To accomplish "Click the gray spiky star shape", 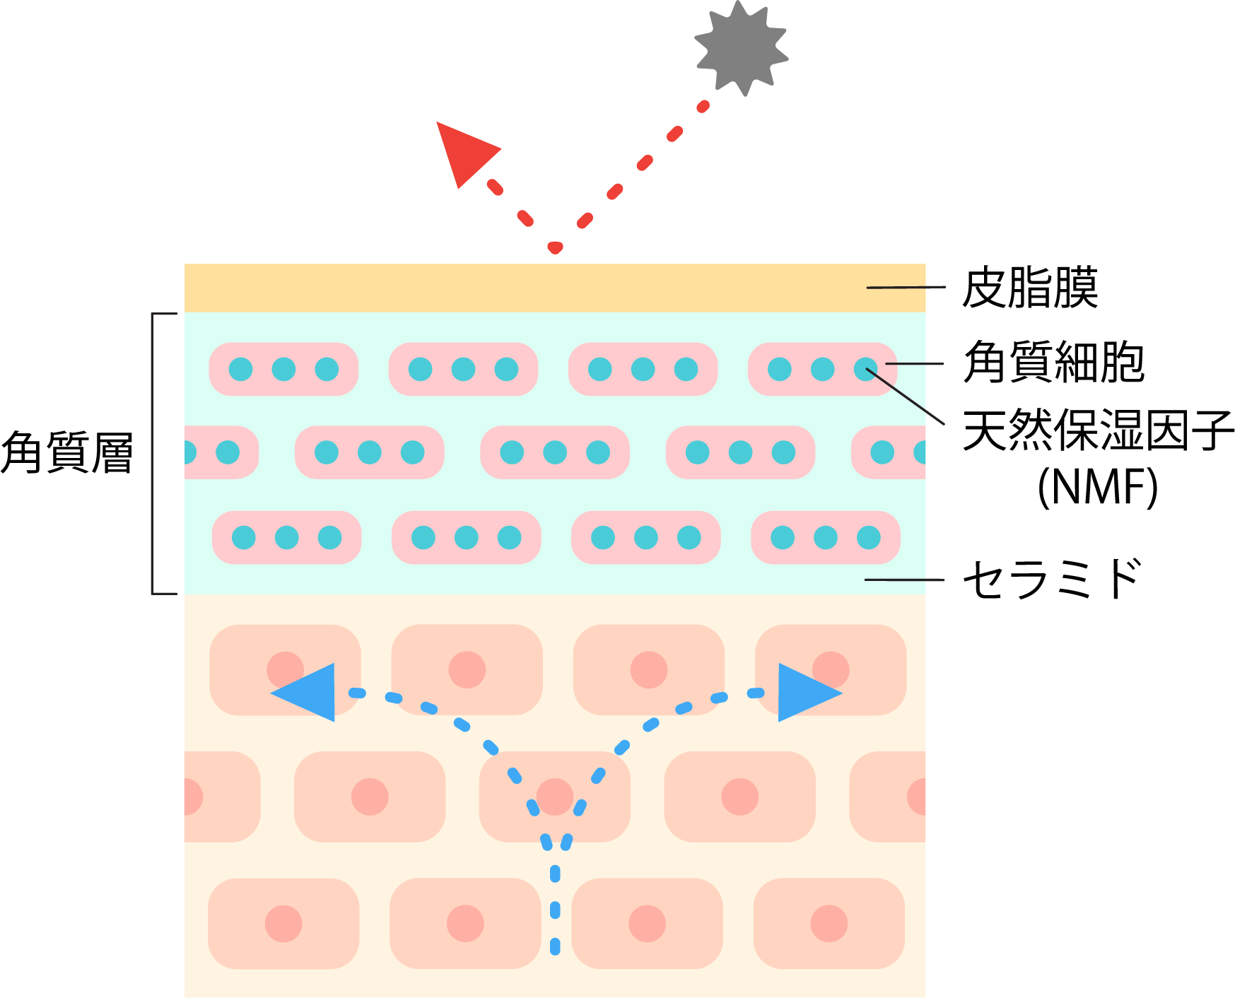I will (742, 47).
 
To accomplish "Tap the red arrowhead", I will (464, 152).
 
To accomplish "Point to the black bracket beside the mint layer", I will (153, 452).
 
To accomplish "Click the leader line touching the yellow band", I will (906, 288).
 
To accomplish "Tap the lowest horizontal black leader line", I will (905, 580).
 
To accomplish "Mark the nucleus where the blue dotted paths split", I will (555, 797).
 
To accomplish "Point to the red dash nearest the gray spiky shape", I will (703, 107).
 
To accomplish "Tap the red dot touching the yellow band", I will (555, 248).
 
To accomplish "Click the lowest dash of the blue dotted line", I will (555, 946).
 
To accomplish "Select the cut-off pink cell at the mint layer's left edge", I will (219, 452).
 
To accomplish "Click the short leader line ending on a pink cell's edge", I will (914, 364).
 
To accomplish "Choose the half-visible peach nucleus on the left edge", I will (193, 797).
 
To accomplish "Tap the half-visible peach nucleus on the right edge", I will (918, 797).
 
